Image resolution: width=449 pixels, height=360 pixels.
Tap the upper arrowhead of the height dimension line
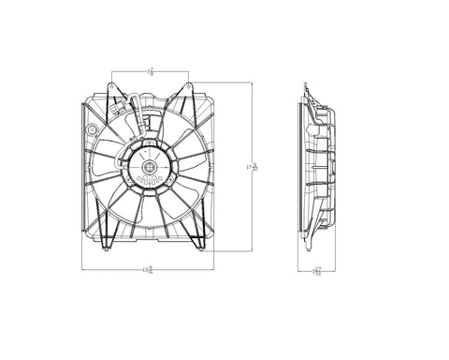point(253,84)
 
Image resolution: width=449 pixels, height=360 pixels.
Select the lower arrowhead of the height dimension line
point(253,251)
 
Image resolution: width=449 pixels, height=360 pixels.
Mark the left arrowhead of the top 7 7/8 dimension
point(113,71)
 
